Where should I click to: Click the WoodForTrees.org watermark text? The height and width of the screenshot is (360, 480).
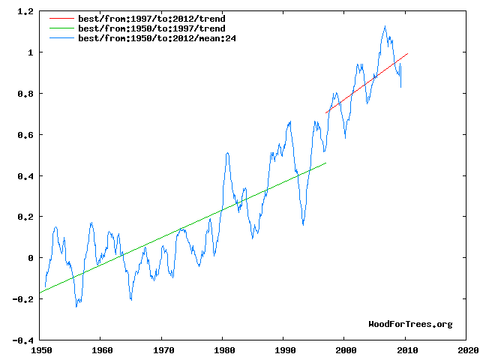(x=410, y=324)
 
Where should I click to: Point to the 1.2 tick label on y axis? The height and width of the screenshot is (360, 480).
(x=25, y=12)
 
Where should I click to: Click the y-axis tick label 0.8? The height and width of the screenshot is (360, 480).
(x=25, y=94)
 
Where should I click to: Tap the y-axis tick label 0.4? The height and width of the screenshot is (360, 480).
(x=25, y=176)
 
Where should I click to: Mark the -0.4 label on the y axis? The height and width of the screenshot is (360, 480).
(x=22, y=340)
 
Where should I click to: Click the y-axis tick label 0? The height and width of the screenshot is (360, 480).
(x=30, y=258)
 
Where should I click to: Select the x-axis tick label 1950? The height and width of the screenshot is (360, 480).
(x=40, y=350)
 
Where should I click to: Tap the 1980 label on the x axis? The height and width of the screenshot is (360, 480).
(x=223, y=350)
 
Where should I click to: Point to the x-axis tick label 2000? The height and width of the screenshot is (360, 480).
(x=345, y=350)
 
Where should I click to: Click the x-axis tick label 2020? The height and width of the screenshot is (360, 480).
(x=466, y=350)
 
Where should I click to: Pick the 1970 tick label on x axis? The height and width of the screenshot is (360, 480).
(x=162, y=350)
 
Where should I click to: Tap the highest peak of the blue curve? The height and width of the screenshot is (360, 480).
(x=385, y=27)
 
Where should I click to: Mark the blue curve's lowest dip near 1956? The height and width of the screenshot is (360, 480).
(x=76, y=305)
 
